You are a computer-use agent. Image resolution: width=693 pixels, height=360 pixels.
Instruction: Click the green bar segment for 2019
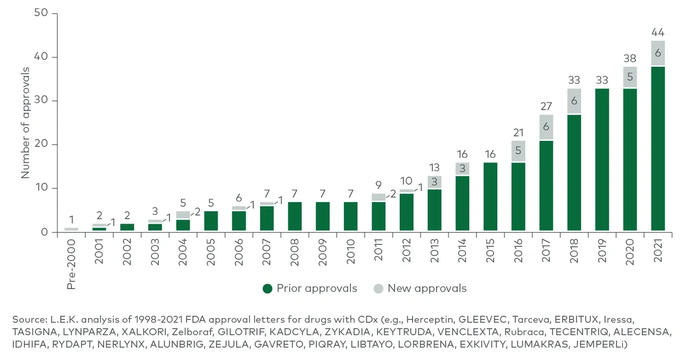click(x=602, y=159)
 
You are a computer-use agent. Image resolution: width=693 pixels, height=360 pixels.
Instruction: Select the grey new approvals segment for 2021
click(x=658, y=53)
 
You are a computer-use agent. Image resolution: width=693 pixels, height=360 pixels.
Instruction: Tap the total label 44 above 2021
click(x=658, y=31)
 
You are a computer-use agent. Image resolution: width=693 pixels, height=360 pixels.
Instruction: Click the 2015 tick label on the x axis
click(x=491, y=251)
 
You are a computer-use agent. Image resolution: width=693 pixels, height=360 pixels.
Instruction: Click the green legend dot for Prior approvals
click(x=268, y=289)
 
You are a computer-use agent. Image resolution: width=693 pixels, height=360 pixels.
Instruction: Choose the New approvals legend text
click(x=426, y=289)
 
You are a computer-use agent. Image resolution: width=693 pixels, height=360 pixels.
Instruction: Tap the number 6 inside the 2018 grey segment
click(x=574, y=101)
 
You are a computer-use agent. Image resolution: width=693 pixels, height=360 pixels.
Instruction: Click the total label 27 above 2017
click(x=546, y=106)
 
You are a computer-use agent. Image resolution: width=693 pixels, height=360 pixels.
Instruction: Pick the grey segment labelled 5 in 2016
click(x=518, y=151)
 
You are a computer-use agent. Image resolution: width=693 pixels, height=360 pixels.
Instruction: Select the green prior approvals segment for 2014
click(x=463, y=204)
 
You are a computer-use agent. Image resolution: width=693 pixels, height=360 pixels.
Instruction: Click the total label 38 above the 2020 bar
click(x=630, y=58)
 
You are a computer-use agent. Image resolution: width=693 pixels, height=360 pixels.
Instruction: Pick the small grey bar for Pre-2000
click(x=71, y=229)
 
